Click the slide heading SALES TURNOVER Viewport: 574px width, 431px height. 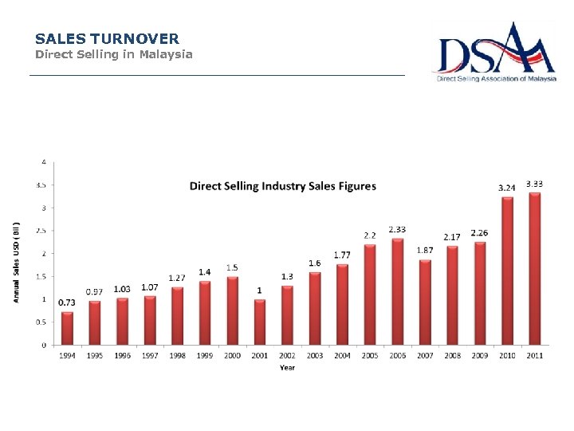[107, 38]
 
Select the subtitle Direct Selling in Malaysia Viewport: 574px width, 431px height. [113, 54]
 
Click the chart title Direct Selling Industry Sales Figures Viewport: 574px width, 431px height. [282, 186]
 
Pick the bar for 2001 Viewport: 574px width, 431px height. [260, 322]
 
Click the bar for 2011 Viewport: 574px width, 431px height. [535, 268]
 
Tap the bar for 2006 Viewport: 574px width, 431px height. [397, 291]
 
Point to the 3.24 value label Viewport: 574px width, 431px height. [506, 188]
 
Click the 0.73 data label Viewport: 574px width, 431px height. [67, 302]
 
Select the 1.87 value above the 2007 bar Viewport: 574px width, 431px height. [425, 250]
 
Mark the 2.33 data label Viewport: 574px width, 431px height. [397, 229]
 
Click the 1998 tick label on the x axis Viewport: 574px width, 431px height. [177, 355]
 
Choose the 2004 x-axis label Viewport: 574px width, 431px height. [342, 355]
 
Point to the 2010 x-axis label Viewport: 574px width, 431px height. [507, 355]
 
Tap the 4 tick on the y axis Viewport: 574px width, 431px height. [43, 161]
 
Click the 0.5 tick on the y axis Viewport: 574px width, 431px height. [41, 322]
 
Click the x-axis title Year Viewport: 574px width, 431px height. [287, 367]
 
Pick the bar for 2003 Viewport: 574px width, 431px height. [315, 308]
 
